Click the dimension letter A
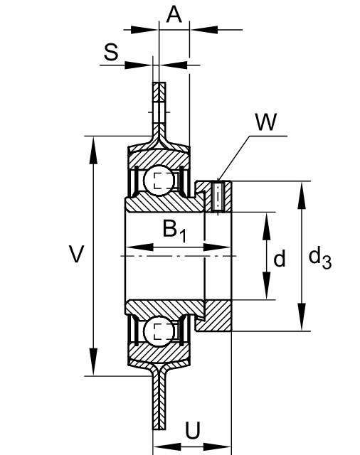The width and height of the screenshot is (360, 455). [x=174, y=14]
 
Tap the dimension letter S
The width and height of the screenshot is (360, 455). [x=111, y=52]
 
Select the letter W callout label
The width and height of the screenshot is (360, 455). [x=266, y=122]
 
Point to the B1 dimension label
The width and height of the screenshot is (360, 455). [x=174, y=230]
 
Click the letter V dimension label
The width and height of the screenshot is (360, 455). [x=76, y=254]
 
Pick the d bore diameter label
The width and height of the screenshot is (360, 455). [x=280, y=258]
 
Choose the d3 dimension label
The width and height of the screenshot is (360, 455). [x=319, y=257]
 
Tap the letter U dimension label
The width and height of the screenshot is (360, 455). [x=193, y=430]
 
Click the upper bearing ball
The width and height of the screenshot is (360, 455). [x=159, y=181]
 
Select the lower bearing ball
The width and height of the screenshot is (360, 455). [x=159, y=331]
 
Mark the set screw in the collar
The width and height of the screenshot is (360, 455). [x=218, y=196]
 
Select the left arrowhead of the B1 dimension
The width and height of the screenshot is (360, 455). [x=140, y=247]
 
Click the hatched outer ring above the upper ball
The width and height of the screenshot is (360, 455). [x=159, y=158]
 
